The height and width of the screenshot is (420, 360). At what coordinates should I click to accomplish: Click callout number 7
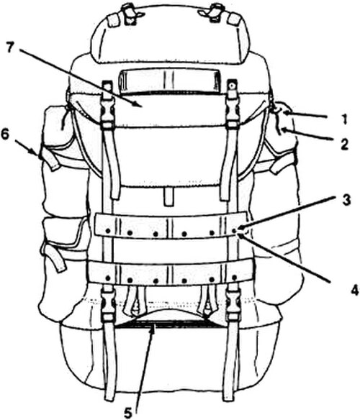click(9, 47)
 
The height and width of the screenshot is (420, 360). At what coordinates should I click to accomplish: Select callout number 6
click(5, 135)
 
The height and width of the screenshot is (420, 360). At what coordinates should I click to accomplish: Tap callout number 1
click(344, 119)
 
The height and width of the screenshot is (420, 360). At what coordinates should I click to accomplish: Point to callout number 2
click(344, 145)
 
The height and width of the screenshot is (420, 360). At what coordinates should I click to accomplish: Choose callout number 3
click(346, 200)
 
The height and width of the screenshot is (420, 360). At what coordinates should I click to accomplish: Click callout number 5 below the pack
click(128, 414)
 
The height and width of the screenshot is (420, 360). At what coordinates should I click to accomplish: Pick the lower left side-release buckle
click(109, 305)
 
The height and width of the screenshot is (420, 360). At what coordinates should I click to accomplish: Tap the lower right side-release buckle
click(232, 305)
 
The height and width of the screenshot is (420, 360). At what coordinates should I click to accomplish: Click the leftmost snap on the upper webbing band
click(108, 230)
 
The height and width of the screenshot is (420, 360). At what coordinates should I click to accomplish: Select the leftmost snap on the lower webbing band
click(108, 278)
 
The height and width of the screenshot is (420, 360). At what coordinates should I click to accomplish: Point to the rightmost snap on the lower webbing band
click(234, 277)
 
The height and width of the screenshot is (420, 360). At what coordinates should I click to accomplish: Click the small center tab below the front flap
click(168, 196)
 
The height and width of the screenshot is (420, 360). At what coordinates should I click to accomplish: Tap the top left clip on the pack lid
click(130, 12)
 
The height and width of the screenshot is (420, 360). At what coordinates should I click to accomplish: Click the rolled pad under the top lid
click(168, 80)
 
